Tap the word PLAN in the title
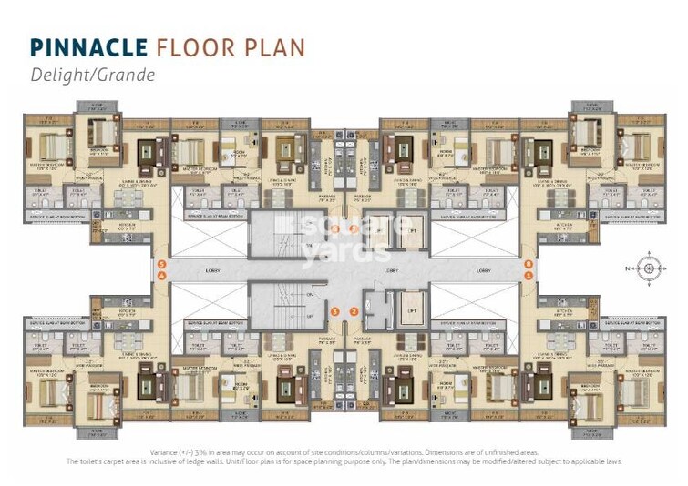274,47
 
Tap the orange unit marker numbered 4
160,276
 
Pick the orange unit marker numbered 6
529,265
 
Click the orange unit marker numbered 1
529,276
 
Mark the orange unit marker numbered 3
334,312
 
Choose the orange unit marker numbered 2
354,312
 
